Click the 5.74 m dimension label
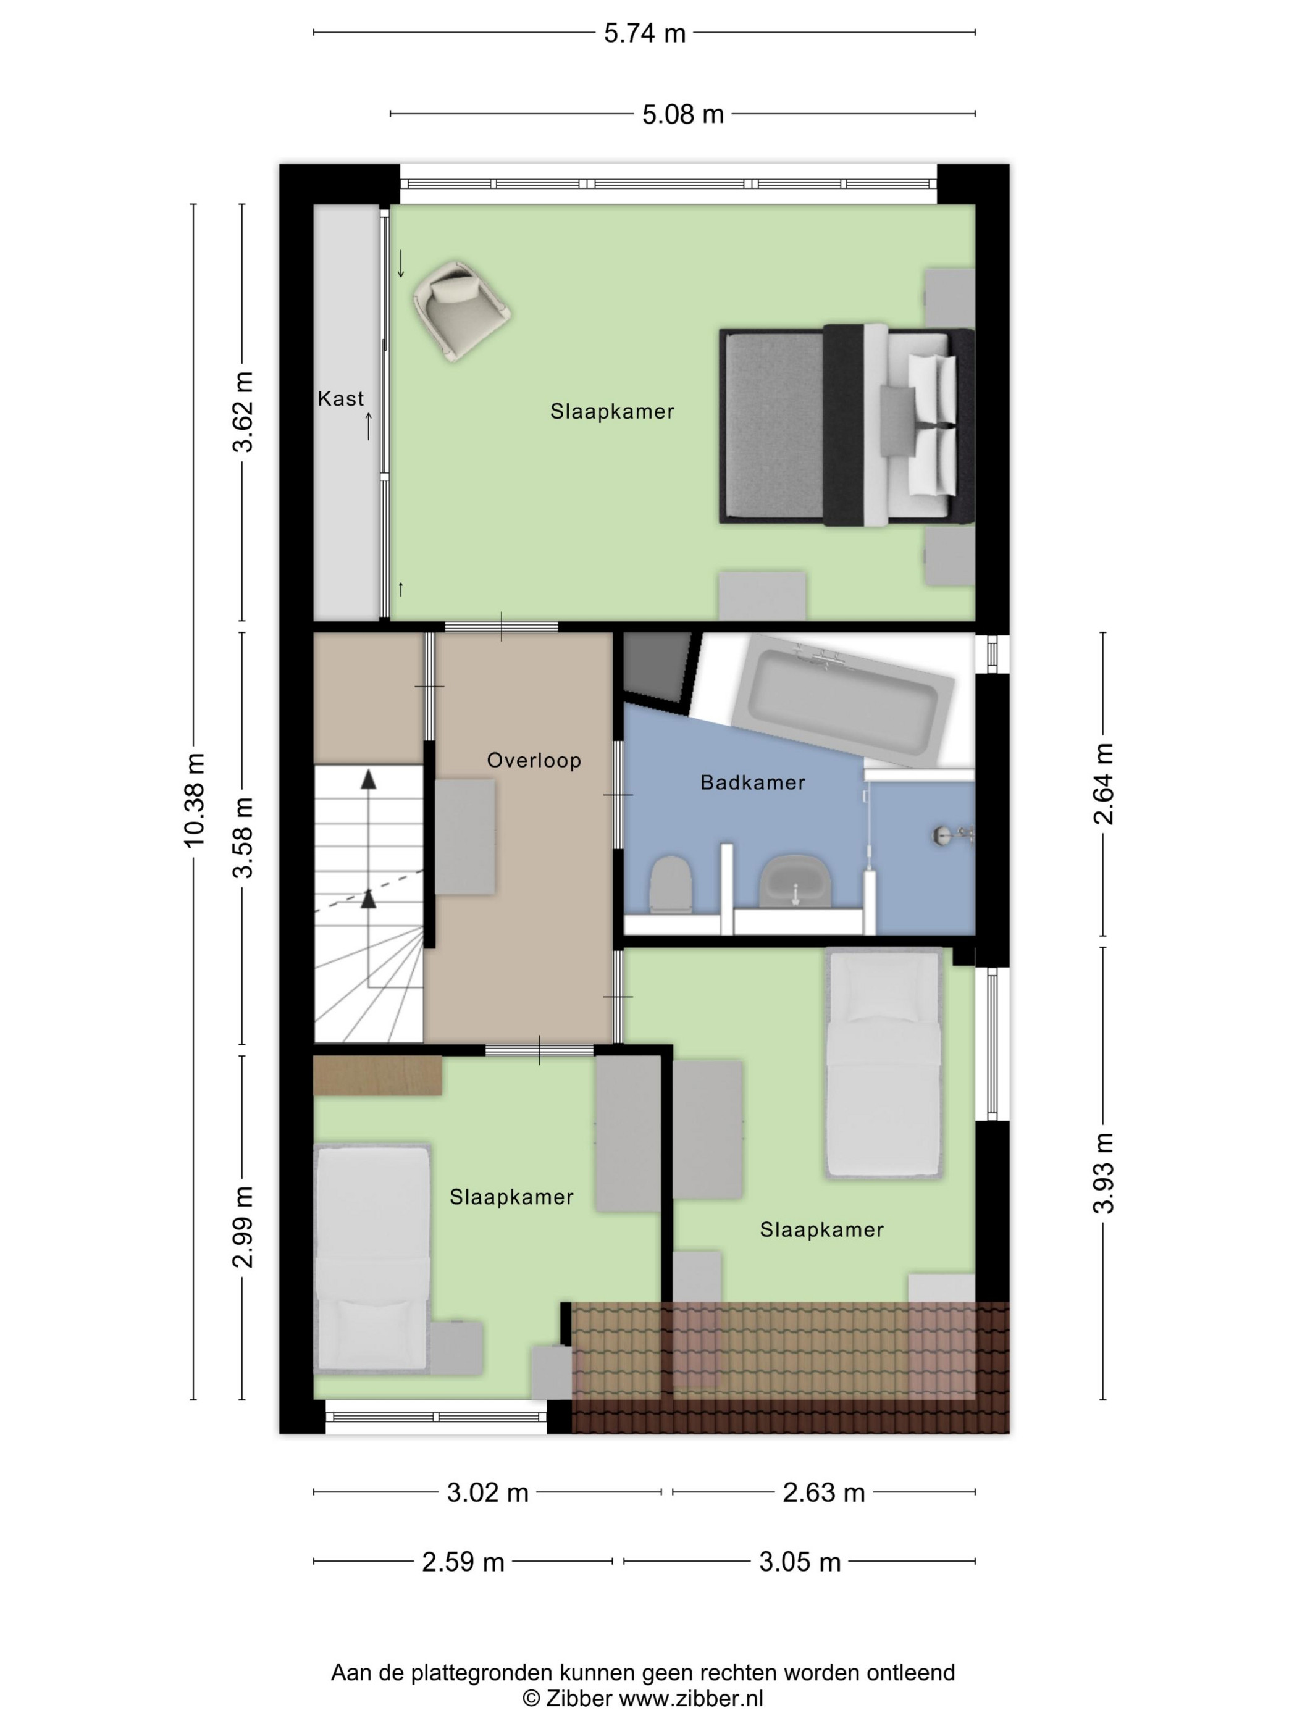click(644, 33)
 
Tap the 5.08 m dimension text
click(682, 115)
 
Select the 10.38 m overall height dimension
click(193, 800)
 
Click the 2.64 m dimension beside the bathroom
click(1103, 784)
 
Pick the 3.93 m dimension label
click(1103, 1173)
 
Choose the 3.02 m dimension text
click(488, 1493)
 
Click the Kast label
click(341, 399)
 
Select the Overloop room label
click(534, 761)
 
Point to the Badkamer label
click(752, 782)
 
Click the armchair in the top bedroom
click(461, 311)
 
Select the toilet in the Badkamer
click(671, 884)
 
